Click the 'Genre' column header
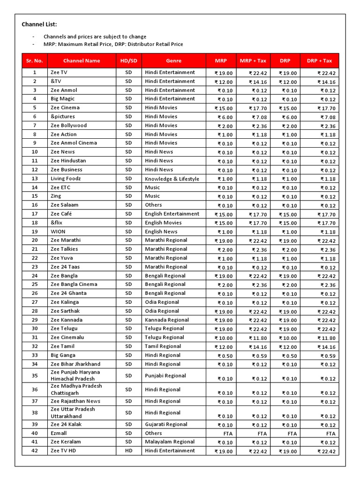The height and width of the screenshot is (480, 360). coord(173,60)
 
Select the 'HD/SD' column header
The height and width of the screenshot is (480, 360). coord(128,60)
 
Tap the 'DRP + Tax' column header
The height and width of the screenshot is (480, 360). coord(319,60)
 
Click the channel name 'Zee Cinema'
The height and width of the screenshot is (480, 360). coord(65,107)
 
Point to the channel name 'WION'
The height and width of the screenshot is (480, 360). coord(58,232)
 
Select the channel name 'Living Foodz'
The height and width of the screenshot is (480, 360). coord(66,179)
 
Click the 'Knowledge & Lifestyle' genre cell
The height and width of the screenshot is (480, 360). coord(172,179)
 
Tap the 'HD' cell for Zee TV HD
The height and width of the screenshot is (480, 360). coord(128,451)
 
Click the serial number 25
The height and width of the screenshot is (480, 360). coord(35,285)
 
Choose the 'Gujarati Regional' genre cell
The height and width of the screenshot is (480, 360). coord(166,425)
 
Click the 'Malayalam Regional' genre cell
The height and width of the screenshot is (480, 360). coord(170,442)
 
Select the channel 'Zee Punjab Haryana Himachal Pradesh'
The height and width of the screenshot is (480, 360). coord(75,375)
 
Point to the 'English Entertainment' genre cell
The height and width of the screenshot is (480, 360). coord(172,214)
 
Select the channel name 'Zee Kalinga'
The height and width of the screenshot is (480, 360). coord(65,302)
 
